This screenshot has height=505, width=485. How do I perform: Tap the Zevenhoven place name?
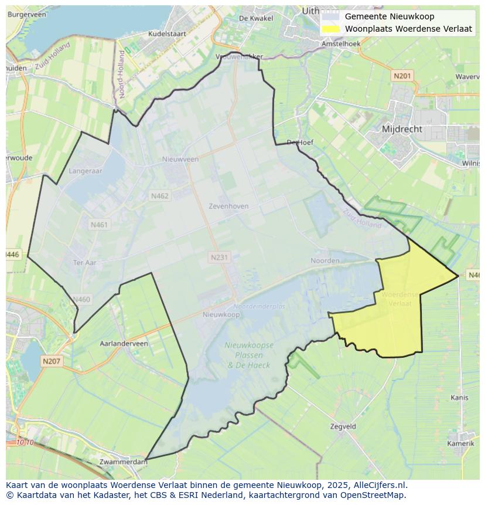click(228, 206)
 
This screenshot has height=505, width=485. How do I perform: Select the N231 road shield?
click(220, 257)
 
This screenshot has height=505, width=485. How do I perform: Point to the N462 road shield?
click(159, 196)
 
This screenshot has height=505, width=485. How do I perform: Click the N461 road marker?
click(100, 225)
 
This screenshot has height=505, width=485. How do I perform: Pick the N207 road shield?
click(52, 361)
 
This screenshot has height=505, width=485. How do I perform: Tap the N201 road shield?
click(402, 76)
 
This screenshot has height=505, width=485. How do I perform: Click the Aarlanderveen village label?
click(124, 344)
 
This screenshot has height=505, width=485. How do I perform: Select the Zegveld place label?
click(343, 427)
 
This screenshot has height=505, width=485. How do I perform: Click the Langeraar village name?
click(86, 171)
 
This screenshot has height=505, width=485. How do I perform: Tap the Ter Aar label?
click(84, 263)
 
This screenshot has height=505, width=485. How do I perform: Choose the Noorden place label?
click(325, 260)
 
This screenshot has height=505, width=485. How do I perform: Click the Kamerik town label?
click(460, 443)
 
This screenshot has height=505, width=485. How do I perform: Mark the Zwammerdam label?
click(124, 462)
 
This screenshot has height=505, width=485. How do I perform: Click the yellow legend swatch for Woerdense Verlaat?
click(331, 29)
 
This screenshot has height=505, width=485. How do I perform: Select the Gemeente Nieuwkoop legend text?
click(390, 16)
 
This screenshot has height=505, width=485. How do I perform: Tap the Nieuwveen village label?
click(180, 159)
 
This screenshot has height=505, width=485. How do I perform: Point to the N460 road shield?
click(81, 300)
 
